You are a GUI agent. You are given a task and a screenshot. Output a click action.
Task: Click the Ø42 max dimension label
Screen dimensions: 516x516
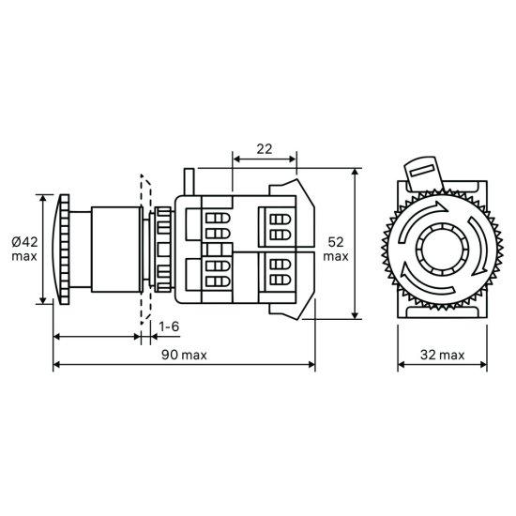24,250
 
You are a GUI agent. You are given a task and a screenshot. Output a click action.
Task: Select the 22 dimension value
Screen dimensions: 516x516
265,149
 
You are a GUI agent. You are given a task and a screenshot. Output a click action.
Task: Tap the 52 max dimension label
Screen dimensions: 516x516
336,250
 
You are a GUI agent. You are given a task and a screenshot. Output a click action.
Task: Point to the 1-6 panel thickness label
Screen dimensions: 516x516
169,326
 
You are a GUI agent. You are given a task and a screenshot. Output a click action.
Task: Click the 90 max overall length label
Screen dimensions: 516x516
184,355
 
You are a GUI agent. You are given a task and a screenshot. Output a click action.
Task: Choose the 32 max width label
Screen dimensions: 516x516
442,355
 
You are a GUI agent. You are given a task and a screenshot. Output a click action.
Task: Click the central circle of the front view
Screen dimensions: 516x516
442,249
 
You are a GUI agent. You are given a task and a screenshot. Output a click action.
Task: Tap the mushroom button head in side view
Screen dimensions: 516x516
63,250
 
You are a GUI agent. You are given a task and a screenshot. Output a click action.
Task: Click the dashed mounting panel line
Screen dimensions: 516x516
145,250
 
